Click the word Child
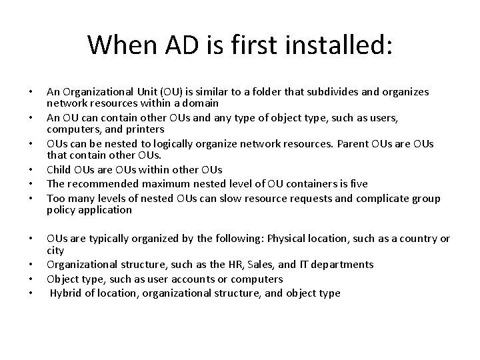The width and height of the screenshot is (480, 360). click(59, 169)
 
